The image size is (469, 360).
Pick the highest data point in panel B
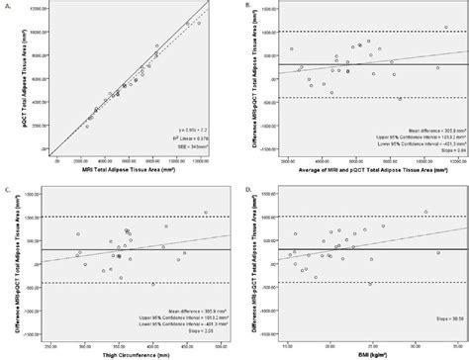(x=367, y=42)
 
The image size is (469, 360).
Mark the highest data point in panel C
(x=206, y=211)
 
